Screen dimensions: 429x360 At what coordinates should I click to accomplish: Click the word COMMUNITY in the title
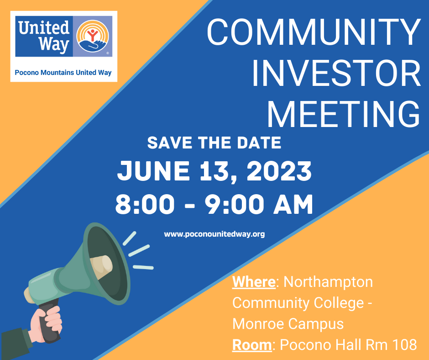[x=314, y=32]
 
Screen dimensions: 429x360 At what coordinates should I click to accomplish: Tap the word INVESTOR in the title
[x=336, y=73]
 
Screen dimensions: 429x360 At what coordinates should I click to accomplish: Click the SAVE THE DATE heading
[x=214, y=143]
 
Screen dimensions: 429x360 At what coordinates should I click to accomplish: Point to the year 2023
[x=279, y=171]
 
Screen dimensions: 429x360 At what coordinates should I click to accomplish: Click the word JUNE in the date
[x=153, y=170]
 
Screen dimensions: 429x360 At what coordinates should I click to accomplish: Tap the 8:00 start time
[x=145, y=204]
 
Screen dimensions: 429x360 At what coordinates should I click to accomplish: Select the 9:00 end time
[x=234, y=204]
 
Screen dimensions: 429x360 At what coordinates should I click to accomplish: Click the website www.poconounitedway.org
[x=214, y=234]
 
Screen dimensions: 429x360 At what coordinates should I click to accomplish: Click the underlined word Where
[x=254, y=281]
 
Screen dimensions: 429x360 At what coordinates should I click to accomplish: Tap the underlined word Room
[x=252, y=344]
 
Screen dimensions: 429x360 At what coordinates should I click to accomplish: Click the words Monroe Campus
[x=288, y=324]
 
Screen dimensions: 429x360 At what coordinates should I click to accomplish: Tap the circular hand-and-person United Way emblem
[x=93, y=36]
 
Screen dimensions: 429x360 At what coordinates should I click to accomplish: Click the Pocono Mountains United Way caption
[x=63, y=73]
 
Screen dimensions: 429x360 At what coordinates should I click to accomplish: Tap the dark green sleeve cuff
[x=16, y=344]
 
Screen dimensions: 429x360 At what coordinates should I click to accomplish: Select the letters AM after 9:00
[x=293, y=204]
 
